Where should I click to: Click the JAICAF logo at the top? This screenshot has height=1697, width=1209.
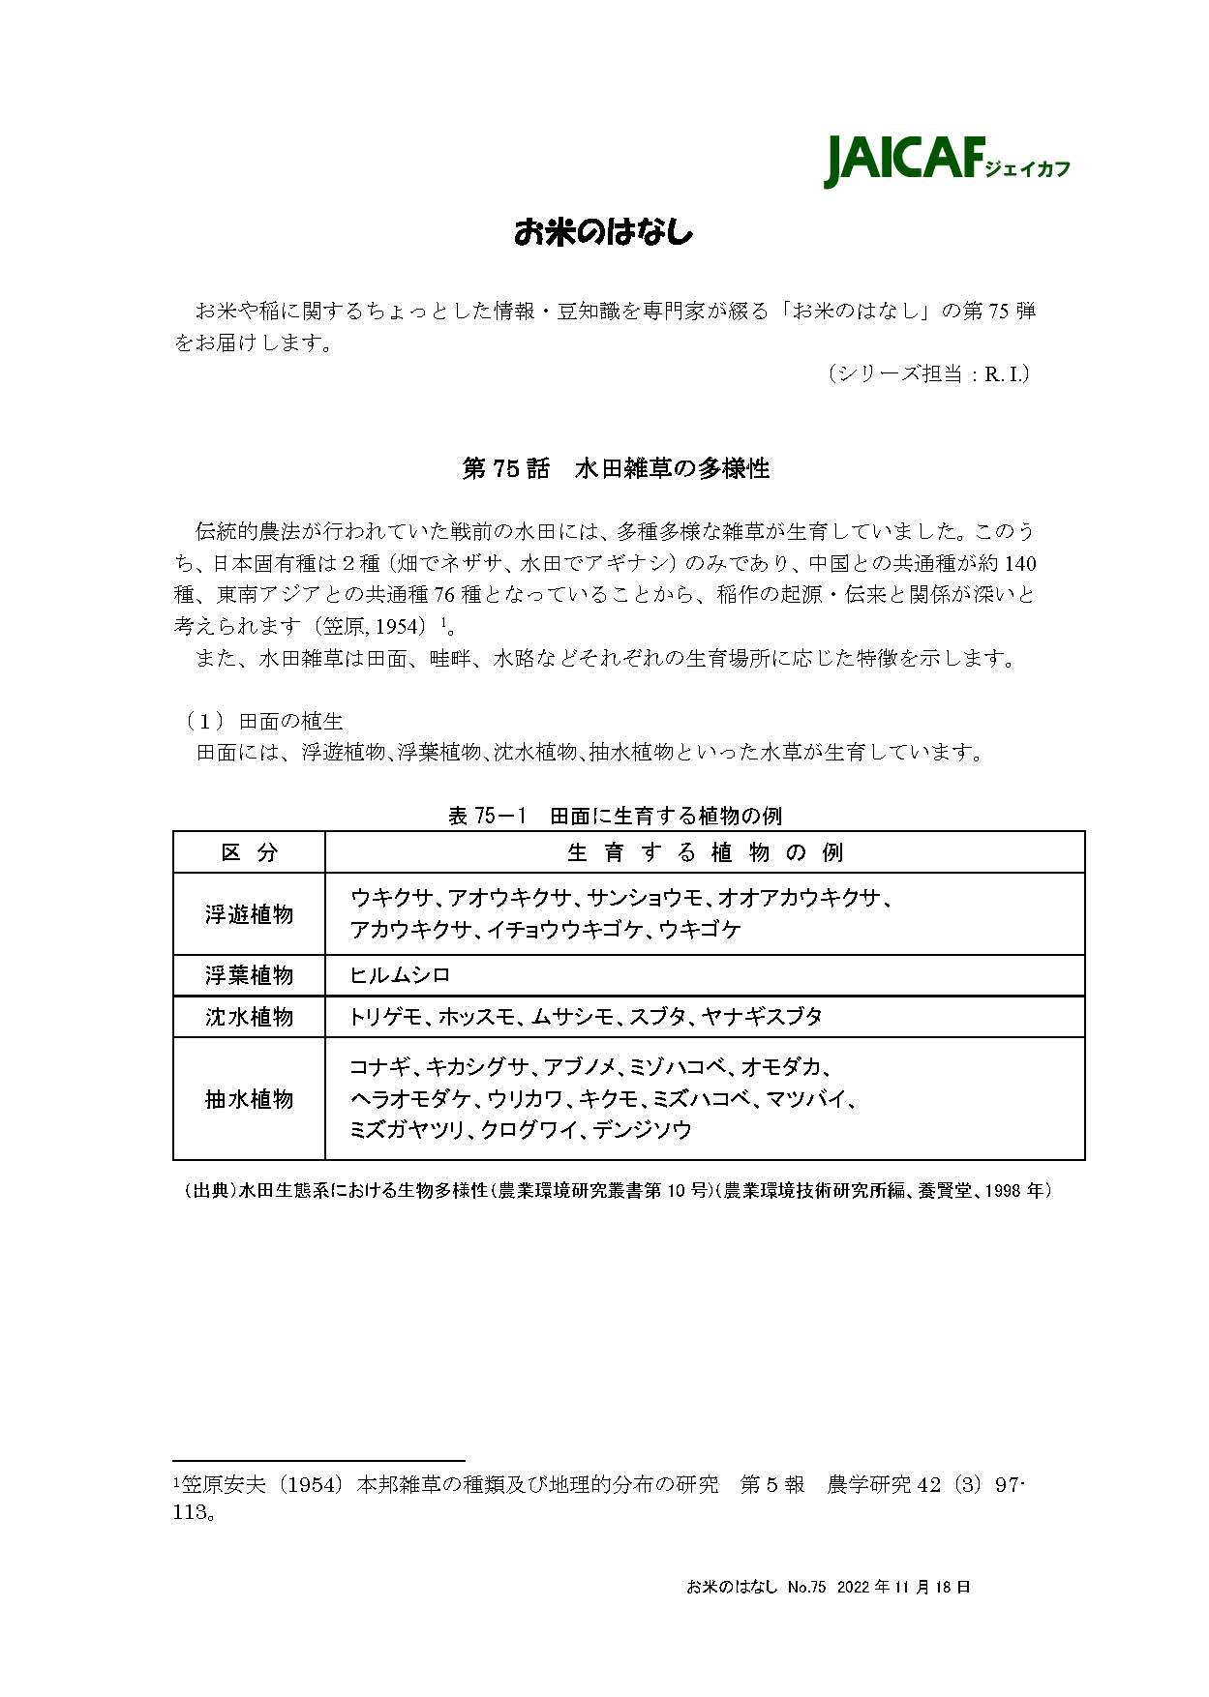[946, 160]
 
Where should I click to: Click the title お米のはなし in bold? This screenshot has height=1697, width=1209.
[603, 233]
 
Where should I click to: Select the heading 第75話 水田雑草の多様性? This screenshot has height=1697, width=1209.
[616, 468]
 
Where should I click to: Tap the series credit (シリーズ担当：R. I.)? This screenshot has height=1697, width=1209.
[927, 373]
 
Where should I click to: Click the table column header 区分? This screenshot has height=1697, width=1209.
[249, 852]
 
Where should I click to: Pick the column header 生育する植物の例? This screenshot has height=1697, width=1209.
[704, 852]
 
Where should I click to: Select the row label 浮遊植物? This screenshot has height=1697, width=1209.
[249, 914]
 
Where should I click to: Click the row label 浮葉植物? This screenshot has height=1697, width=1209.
[249, 975]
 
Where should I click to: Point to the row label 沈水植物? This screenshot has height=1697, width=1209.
[249, 1017]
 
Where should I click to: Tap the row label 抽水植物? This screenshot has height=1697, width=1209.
[249, 1099]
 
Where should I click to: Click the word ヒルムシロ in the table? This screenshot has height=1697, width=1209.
[400, 975]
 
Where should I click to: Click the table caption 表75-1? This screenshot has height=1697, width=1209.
[486, 816]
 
